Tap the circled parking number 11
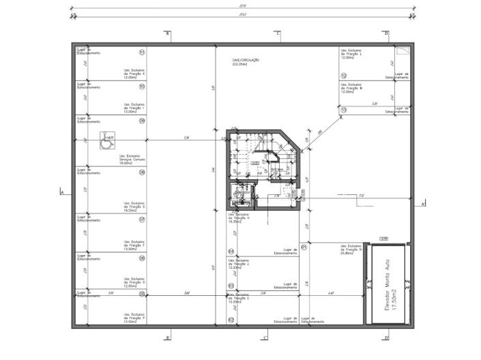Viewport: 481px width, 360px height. [x=142, y=52]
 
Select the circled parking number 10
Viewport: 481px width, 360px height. [x=142, y=87]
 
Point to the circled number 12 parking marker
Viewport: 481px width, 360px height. [x=344, y=75]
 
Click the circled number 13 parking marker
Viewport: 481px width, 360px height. [x=344, y=110]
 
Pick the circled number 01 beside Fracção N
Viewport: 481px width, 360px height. [x=304, y=247]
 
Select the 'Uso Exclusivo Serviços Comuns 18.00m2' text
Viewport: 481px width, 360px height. [x=130, y=160]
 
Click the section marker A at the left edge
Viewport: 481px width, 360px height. [x=61, y=192]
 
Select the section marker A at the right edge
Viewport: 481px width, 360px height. [x=423, y=204]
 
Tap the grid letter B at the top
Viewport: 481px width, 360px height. [x=168, y=33]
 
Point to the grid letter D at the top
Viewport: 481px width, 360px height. [x=386, y=33]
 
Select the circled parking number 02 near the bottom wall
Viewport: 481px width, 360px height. [x=231, y=320]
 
